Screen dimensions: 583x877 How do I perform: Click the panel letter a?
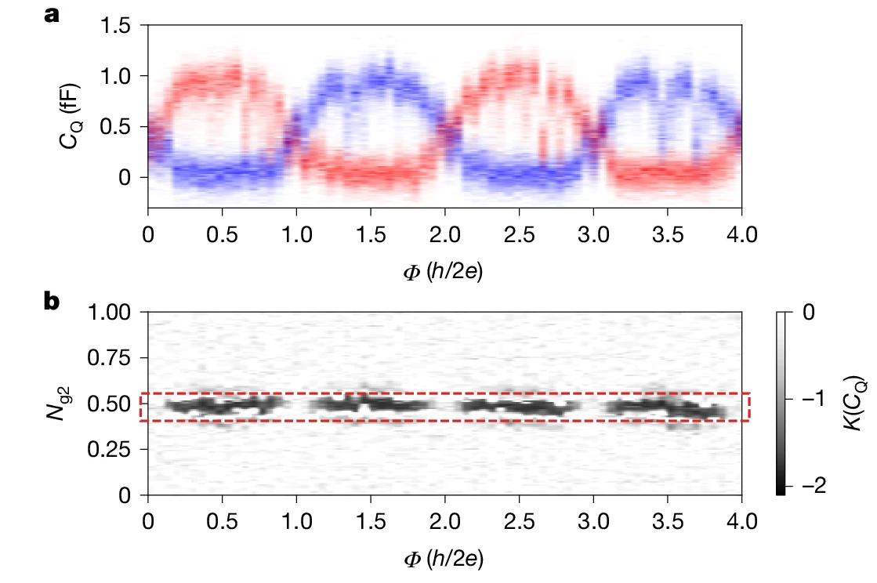tap(52, 14)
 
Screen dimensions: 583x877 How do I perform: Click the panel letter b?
tap(52, 302)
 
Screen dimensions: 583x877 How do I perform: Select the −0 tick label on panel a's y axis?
tap(125, 177)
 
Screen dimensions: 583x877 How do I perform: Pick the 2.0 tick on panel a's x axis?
tap(444, 234)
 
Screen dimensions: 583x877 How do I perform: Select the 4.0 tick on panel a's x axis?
tap(741, 234)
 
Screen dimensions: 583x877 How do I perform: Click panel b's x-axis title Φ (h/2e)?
tap(444, 558)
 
